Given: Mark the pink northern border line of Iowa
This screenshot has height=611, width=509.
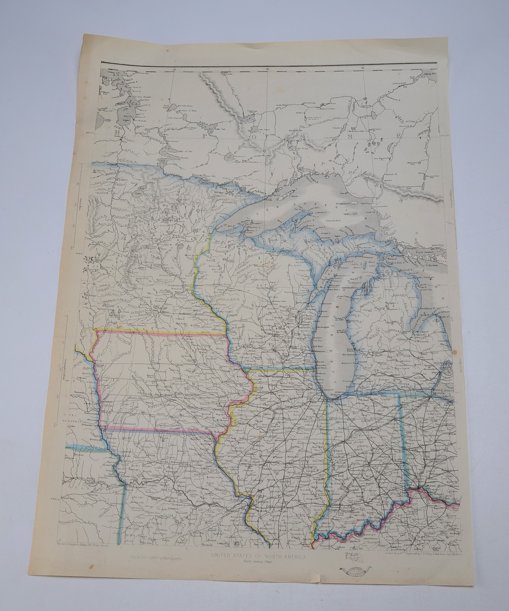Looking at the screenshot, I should point(161,332).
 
